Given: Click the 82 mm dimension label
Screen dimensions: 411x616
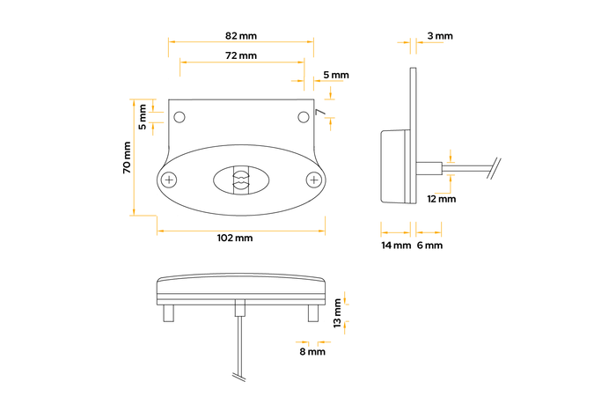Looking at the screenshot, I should point(241,36).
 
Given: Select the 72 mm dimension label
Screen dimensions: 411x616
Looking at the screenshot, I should point(241,55).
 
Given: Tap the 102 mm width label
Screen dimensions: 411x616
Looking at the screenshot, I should point(234,238).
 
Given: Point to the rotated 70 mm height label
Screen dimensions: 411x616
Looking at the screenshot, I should point(127,158).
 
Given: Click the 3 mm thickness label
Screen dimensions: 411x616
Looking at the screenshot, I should point(439,36).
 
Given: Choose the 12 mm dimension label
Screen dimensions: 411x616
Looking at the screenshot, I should point(441,199).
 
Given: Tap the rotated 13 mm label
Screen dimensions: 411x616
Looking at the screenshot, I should point(338,311).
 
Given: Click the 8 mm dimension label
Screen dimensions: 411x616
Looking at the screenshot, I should point(312,352).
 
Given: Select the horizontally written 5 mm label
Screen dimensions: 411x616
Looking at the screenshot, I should point(336,75).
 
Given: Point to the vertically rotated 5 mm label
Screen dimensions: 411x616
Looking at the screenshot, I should point(143,114).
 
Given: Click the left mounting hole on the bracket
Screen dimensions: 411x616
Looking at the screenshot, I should point(180,117).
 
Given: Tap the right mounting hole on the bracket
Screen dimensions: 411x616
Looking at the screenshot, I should point(303,117).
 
